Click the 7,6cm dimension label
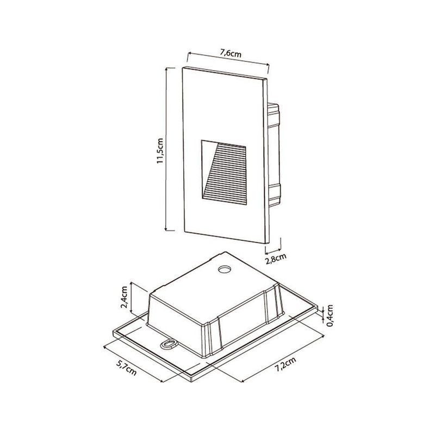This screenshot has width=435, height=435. click(x=231, y=53)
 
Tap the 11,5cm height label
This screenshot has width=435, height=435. click(x=160, y=151)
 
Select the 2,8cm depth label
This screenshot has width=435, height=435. click(x=276, y=258)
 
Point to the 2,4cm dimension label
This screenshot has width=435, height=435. click(x=125, y=297)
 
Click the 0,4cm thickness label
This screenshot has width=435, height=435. click(x=330, y=315)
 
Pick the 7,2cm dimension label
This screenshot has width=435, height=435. click(x=285, y=364)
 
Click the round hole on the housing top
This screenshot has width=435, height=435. click(x=225, y=269)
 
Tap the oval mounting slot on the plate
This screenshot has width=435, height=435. click(x=169, y=344)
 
